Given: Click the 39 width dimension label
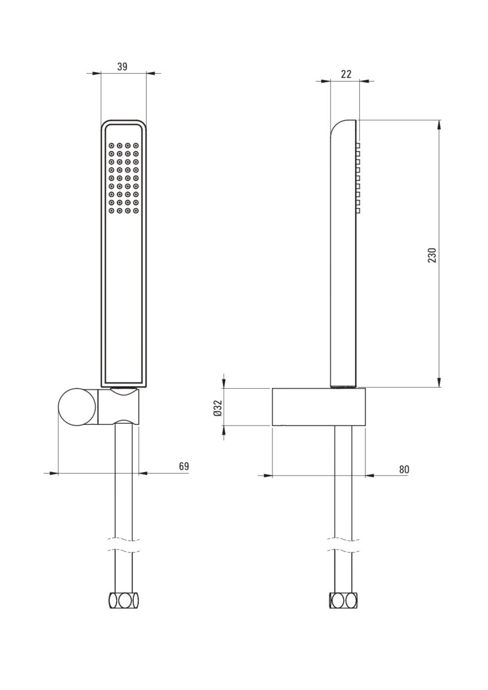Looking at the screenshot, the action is tap(122, 67).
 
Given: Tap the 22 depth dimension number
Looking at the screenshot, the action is tap(346, 74).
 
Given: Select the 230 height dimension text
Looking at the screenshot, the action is tap(432, 255).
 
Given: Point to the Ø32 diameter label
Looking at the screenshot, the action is tap(217, 408).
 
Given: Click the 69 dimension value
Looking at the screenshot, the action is tap(184, 466).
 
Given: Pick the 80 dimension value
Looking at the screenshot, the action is tap(404, 469).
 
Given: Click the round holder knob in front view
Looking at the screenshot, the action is tap(76, 407).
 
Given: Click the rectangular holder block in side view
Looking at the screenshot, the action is tap(318, 407).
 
